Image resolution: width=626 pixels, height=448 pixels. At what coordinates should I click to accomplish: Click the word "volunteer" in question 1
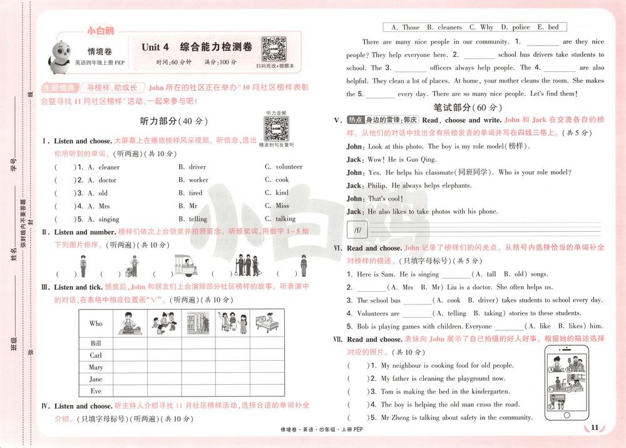point(288,167)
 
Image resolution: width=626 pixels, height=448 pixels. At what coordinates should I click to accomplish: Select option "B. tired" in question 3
point(191,193)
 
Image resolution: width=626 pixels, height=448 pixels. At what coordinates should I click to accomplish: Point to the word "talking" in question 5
point(285,219)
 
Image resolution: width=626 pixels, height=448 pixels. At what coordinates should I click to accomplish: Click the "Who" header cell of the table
point(96,323)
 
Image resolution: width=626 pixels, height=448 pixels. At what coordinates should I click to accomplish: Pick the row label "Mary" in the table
point(96,367)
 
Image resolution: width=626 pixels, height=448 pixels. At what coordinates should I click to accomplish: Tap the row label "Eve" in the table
point(96,391)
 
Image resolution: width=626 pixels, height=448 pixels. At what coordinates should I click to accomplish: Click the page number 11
point(595,428)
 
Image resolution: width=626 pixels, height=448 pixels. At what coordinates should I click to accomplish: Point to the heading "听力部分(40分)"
point(176,121)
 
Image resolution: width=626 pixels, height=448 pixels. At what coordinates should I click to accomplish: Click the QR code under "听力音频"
point(275,128)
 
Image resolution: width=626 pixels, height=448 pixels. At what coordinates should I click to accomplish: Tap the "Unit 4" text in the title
point(155,47)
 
